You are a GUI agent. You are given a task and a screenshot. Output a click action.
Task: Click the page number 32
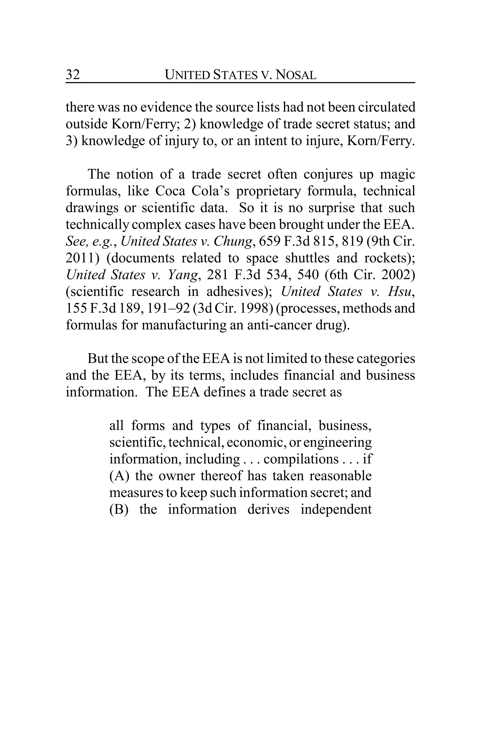(73, 75)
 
